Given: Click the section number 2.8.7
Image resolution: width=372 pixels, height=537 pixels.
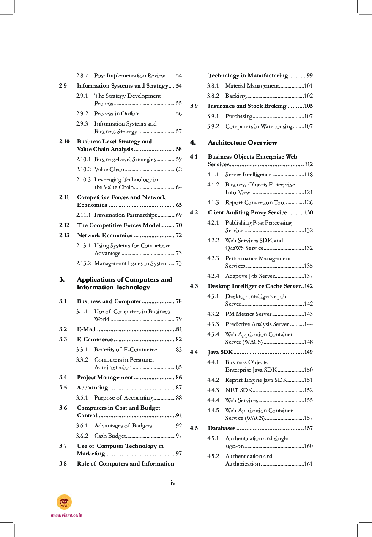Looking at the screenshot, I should click(82, 76).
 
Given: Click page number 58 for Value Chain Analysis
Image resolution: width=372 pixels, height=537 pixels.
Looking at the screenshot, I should click(179, 149).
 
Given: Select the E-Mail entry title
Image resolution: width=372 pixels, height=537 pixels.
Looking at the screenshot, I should click(86, 329).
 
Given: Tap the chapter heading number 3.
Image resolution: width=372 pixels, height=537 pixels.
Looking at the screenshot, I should click(62, 279).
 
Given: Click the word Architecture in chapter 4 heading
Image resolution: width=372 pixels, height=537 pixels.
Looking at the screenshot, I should click(226, 142).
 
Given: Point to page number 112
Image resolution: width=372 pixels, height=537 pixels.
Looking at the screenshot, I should click(309, 164).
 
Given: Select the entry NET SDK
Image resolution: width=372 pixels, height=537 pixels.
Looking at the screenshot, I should click(238, 390).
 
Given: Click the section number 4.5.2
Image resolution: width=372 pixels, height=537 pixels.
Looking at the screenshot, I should click(213, 456).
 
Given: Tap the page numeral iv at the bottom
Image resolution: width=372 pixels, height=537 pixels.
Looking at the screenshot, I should click(173, 483).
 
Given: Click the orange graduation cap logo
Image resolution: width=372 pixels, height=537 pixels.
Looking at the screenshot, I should click(64, 502).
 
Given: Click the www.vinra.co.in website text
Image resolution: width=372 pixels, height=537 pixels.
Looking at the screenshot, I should click(66, 515).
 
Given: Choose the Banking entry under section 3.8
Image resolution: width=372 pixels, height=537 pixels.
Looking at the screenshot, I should click(235, 96).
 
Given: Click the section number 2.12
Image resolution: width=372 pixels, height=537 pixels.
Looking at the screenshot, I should click(64, 225).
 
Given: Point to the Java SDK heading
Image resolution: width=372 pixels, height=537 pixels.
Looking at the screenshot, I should click(220, 352).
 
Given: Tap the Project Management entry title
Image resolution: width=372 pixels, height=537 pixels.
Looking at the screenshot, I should click(105, 378).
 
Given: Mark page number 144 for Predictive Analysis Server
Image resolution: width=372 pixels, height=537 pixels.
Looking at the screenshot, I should click(309, 324).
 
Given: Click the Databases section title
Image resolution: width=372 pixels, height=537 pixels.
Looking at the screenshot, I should click(222, 428).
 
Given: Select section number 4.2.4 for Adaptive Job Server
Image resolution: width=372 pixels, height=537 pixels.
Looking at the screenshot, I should click(213, 276).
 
